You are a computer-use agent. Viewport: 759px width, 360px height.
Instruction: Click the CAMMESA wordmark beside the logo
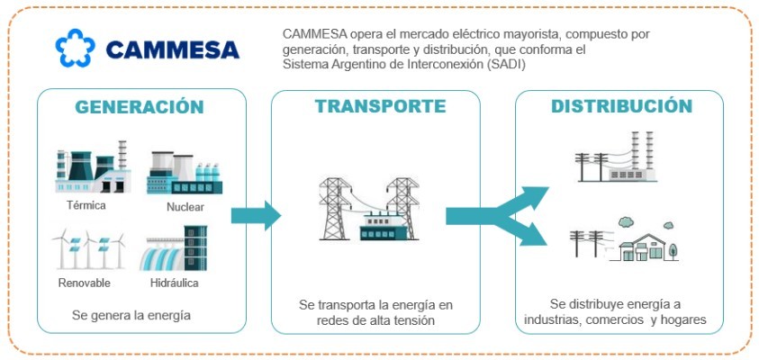172,49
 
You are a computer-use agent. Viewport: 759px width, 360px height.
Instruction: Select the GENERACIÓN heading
140,107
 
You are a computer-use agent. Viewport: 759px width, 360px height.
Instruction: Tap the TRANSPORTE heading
380,106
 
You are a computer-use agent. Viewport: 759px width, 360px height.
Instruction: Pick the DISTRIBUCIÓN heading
622,107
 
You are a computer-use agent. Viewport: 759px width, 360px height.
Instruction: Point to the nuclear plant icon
185,173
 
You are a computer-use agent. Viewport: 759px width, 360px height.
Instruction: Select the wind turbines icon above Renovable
88,249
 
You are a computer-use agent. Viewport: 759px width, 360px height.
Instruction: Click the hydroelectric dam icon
175,249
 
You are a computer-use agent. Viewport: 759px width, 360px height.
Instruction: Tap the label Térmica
86,206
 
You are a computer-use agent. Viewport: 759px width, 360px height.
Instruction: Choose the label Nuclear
185,208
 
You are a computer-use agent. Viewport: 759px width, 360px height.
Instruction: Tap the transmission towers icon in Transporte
375,209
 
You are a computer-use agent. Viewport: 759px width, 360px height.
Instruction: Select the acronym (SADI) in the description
503,66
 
